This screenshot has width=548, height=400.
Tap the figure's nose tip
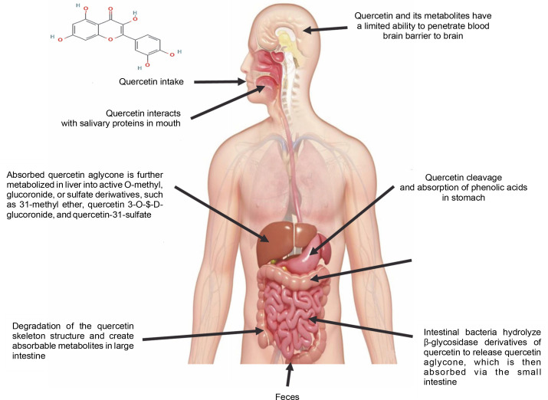[x=236, y=61]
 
